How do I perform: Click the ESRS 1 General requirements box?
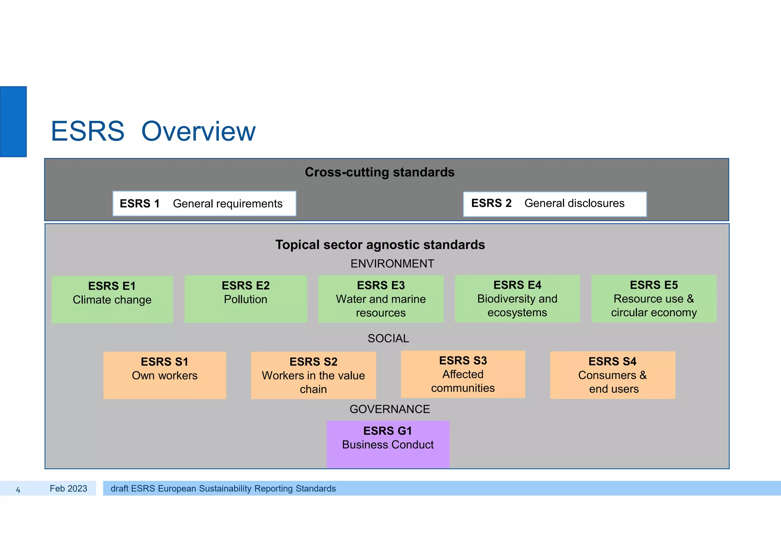[204, 204]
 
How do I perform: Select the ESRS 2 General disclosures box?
[554, 204]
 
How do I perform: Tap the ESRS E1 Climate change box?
[112, 299]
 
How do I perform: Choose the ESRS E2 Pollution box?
[246, 299]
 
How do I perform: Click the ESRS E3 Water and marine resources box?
[381, 299]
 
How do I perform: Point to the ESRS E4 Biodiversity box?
[517, 299]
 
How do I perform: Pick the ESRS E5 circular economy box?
[654, 299]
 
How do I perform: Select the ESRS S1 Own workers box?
[165, 375]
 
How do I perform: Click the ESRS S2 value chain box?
[313, 375]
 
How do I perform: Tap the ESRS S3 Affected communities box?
[463, 374]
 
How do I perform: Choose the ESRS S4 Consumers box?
[612, 375]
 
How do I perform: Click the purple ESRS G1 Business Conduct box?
[388, 444]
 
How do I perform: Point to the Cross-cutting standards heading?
[379, 172]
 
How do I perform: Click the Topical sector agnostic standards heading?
[380, 245]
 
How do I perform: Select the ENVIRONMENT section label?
[392, 264]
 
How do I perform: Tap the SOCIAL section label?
[388, 339]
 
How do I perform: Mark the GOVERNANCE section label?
[389, 409]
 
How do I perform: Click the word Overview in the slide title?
[198, 132]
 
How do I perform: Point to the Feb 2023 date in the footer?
[68, 489]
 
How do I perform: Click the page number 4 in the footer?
[18, 490]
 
